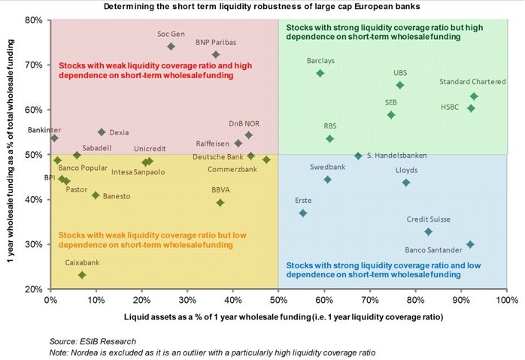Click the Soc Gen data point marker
(x=171, y=46)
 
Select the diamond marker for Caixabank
(x=82, y=275)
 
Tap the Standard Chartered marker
(x=474, y=96)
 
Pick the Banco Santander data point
(x=470, y=244)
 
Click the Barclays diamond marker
(x=320, y=73)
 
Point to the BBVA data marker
(x=220, y=202)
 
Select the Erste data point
(x=303, y=213)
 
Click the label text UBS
(x=400, y=73)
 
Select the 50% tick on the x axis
(x=278, y=300)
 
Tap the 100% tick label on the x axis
(x=505, y=300)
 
